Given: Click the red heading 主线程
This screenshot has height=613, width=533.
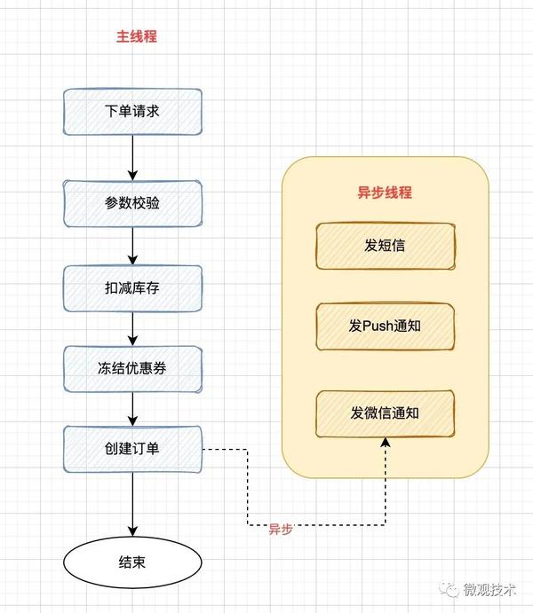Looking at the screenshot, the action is tap(137, 36).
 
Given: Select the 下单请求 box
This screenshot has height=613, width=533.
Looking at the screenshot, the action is tap(132, 112).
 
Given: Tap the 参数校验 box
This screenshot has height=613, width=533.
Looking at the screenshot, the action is tap(132, 203).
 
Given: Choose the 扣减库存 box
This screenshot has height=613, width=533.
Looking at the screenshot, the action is tap(132, 288).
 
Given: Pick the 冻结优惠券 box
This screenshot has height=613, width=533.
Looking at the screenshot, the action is tap(132, 369).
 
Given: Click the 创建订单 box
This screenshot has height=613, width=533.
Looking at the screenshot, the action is tap(132, 449).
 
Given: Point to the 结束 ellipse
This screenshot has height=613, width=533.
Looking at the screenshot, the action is tap(132, 562).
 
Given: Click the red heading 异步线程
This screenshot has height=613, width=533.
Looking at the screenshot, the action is tap(385, 193).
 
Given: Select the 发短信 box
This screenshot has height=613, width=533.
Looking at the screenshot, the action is tap(385, 246).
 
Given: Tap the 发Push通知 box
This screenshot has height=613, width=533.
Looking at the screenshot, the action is tap(385, 326).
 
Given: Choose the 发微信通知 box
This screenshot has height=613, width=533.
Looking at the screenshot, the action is tap(385, 413).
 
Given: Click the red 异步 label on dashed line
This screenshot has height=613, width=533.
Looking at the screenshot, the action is tap(281, 529).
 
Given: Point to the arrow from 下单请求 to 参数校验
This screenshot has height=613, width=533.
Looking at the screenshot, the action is tap(132, 158).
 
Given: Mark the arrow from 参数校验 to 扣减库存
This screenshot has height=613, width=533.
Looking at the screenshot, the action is tap(132, 246).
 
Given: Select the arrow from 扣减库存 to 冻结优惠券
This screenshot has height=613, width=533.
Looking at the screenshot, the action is tap(132, 329).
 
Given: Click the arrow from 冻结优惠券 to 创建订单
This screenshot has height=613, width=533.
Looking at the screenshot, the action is tap(132, 409).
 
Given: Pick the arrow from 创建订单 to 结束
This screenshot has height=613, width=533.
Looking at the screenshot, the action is tap(132, 504).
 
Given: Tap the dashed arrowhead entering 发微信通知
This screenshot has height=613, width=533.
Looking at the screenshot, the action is tap(386, 442).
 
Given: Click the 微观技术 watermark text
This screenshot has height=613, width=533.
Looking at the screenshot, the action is tap(489, 590).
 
